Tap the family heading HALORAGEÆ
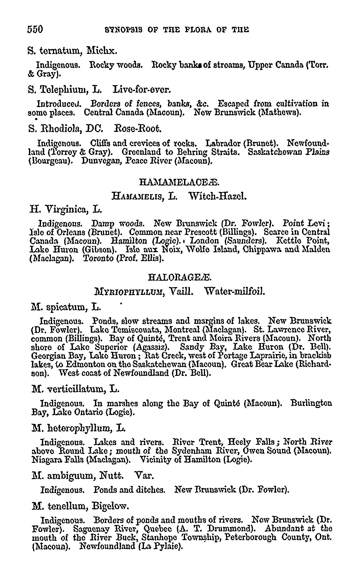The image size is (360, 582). pos(180,277)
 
